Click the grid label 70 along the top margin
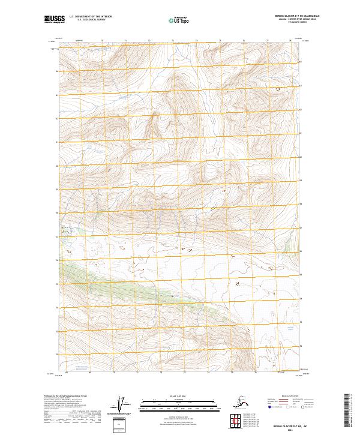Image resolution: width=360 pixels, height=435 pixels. pos(101,41)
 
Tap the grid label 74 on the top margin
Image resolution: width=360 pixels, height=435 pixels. pos(196,41)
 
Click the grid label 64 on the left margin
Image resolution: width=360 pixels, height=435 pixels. pos(58,71)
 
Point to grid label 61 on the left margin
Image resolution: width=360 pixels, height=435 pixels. pos(58,142)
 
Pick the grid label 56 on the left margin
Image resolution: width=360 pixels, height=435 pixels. pos(58,260)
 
